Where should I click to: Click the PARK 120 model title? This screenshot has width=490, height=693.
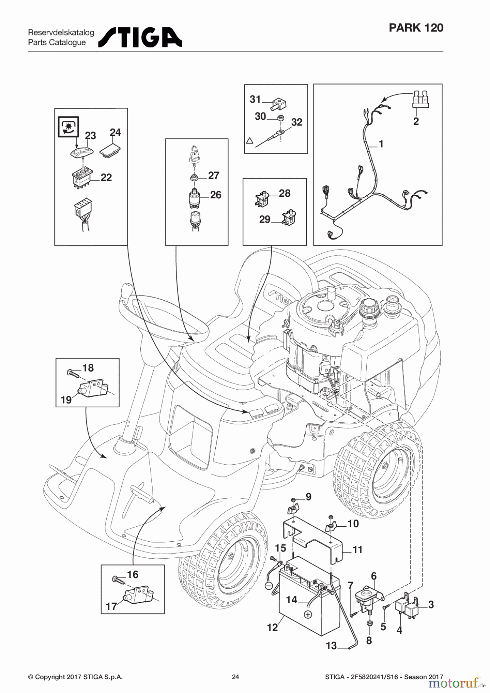(x=416, y=28)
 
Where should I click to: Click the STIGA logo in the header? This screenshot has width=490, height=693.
(x=140, y=37)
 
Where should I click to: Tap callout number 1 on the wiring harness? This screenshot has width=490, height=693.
(x=381, y=144)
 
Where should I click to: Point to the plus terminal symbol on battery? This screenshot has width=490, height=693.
(x=307, y=614)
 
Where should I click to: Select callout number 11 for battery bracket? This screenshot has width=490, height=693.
(x=357, y=550)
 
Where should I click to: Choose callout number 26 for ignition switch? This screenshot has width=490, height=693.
(x=215, y=195)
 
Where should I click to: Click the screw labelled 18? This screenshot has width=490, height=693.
(x=73, y=373)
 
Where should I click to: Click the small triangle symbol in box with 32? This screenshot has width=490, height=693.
(x=249, y=141)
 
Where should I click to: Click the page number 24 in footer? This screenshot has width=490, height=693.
(x=235, y=677)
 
